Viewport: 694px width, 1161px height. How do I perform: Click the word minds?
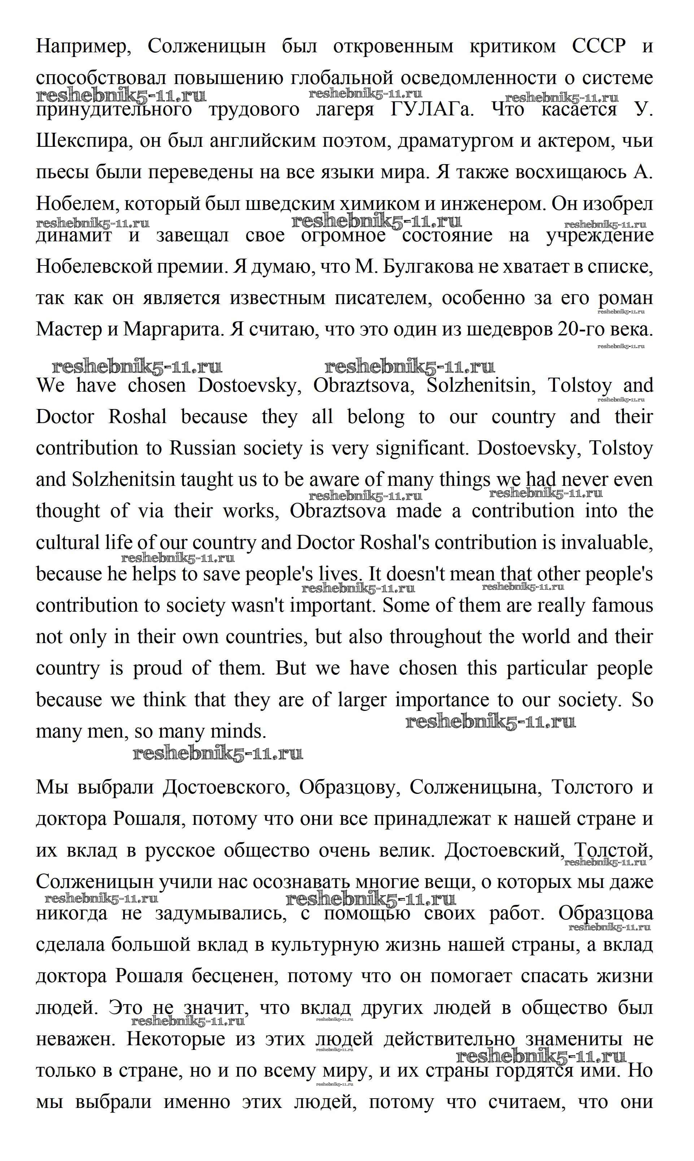coord(238,731)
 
